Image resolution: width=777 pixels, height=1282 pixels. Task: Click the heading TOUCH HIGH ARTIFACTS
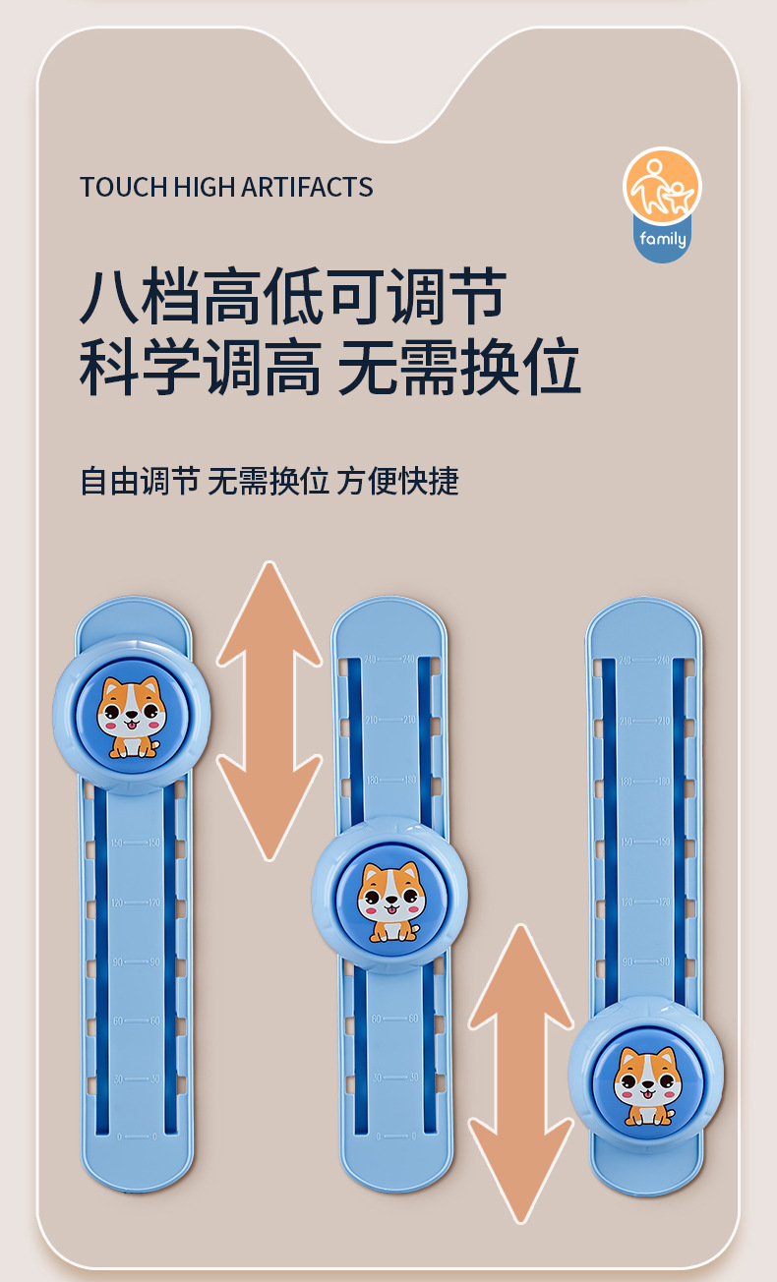(x=226, y=187)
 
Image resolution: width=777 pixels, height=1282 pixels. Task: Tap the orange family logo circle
(x=661, y=186)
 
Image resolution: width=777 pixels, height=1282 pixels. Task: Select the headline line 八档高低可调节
(x=293, y=296)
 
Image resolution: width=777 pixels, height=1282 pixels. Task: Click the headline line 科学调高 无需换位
(x=329, y=369)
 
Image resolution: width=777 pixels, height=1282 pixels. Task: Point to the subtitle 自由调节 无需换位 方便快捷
(x=269, y=481)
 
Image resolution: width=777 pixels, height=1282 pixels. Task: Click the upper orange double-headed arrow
(x=269, y=709)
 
